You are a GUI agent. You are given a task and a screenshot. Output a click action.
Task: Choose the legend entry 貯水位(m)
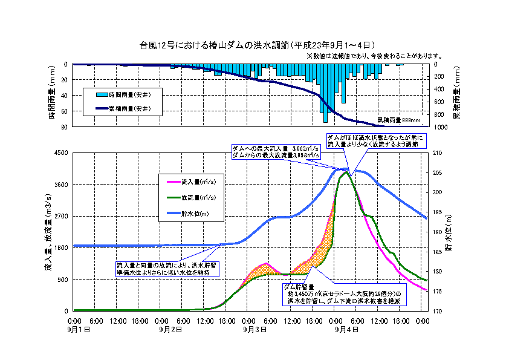[199, 213]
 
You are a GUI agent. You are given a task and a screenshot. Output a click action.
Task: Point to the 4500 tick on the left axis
[60, 153]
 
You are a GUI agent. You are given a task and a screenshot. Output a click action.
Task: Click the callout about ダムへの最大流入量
[275, 151]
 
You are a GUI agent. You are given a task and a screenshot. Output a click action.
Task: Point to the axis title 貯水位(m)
[449, 231]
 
